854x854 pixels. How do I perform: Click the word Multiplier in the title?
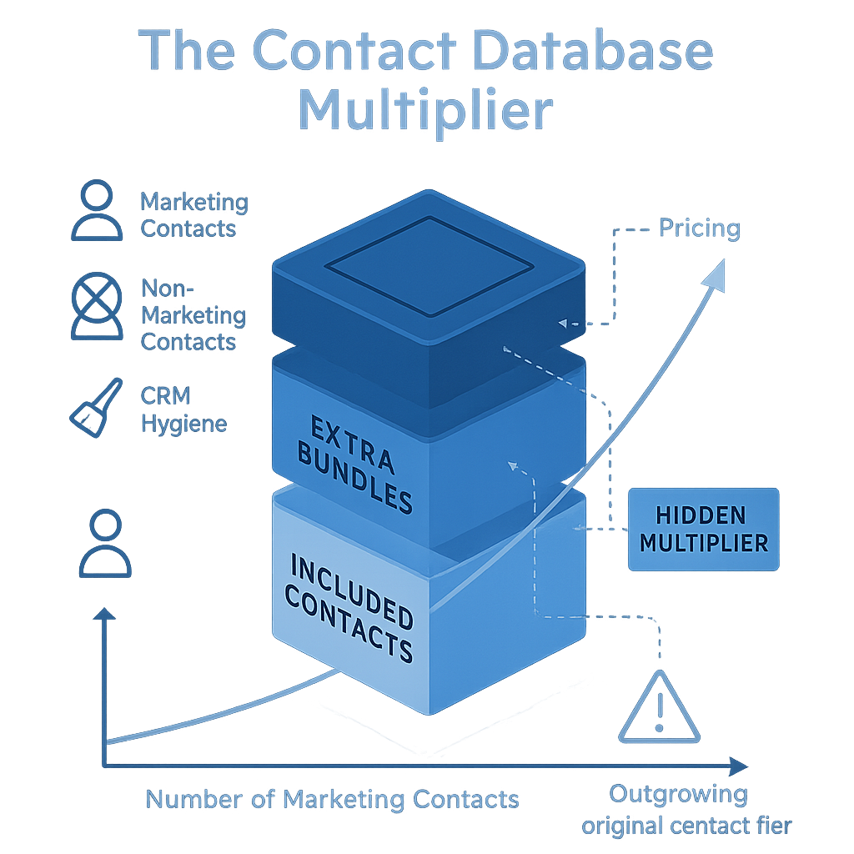tap(425, 111)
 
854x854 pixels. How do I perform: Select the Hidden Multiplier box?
tap(703, 530)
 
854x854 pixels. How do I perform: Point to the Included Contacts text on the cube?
tap(352, 607)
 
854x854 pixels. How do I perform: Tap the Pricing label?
tap(699, 229)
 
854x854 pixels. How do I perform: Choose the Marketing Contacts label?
tap(193, 214)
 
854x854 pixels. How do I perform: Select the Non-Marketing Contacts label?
tap(193, 315)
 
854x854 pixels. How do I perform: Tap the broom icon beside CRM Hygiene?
tap(94, 406)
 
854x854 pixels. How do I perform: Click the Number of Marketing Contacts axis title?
tap(332, 800)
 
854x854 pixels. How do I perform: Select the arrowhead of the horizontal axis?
tap(737, 766)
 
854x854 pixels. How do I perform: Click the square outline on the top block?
tap(429, 265)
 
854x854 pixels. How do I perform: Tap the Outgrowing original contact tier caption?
tap(686, 809)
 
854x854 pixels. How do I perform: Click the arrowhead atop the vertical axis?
tap(105, 615)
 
